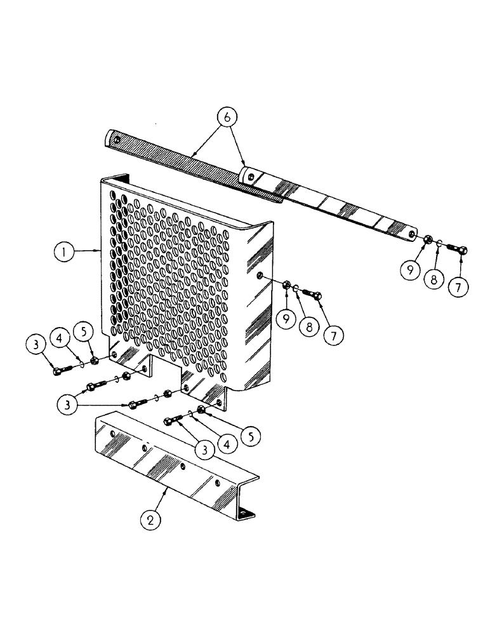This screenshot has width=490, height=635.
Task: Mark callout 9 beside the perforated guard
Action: pos(286,318)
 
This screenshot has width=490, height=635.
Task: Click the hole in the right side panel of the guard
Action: pos(261,276)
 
